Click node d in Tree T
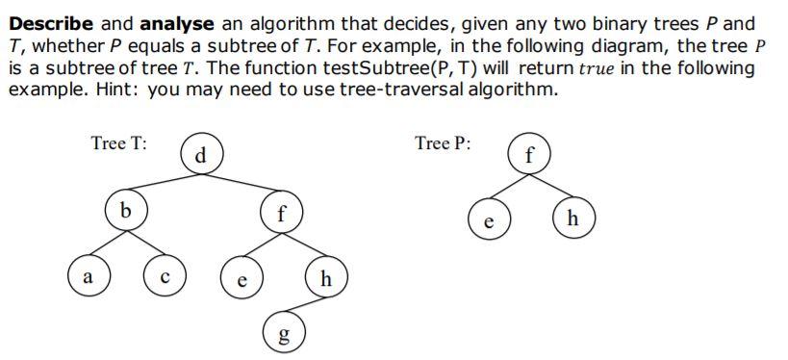200,155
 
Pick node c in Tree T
165,278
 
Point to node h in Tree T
325,280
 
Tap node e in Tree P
490,219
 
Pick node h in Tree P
574,218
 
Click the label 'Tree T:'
118,144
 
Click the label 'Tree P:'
443,144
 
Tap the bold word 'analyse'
176,22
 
